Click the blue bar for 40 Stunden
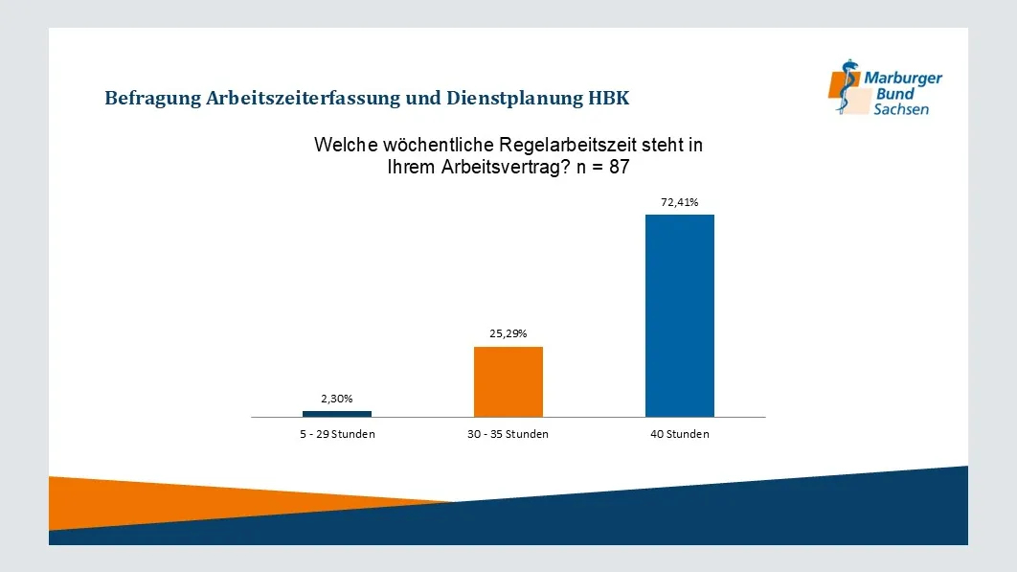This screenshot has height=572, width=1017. (x=680, y=315)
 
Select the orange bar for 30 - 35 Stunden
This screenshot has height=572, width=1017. (x=508, y=381)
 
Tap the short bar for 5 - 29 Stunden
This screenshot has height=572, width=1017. (x=337, y=414)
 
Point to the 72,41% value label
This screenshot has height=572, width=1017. (x=680, y=202)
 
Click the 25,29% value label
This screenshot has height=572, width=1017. (x=508, y=334)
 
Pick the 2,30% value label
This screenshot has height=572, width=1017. (x=337, y=399)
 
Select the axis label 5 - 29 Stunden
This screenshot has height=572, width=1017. (x=337, y=434)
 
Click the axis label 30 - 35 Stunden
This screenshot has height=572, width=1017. (x=508, y=434)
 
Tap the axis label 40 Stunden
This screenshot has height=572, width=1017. (x=680, y=434)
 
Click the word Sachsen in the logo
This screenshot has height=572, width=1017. (x=900, y=110)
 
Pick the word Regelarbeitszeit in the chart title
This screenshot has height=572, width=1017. (x=571, y=146)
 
